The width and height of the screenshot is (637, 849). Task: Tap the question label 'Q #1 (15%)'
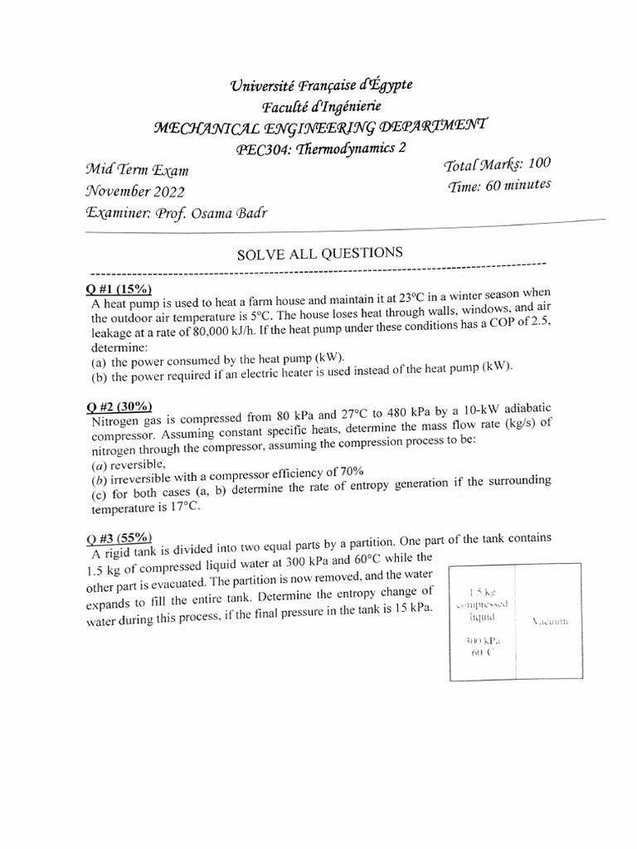coord(118,289)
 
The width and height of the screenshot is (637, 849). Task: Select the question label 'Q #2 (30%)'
coord(119,406)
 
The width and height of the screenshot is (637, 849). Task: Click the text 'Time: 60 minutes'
coord(498,187)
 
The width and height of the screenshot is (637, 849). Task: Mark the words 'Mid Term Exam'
coord(137,171)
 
